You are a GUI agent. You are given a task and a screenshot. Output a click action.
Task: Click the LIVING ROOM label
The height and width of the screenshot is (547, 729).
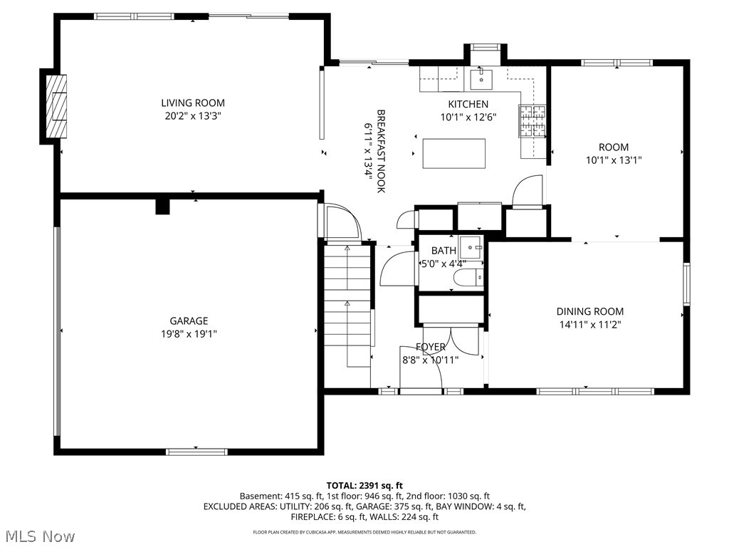point(192,103)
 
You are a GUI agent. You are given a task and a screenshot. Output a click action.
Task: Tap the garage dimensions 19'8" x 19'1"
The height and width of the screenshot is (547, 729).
point(189,333)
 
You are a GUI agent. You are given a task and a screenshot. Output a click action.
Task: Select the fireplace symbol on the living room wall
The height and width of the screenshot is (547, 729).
point(56,106)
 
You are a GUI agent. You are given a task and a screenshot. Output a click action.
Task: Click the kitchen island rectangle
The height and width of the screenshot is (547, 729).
point(454,153)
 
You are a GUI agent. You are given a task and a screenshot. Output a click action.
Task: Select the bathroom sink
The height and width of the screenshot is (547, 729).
point(471,247)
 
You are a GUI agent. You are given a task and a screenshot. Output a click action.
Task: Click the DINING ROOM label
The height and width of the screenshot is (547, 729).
point(589,311)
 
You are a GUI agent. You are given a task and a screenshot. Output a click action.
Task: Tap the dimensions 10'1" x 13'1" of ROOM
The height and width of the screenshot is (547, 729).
point(614,160)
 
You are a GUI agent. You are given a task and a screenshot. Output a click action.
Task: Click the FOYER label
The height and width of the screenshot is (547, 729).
point(431,347)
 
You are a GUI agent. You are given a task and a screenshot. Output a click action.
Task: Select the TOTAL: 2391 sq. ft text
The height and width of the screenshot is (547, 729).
point(364,484)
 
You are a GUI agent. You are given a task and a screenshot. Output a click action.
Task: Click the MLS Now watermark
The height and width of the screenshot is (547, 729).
point(40,535)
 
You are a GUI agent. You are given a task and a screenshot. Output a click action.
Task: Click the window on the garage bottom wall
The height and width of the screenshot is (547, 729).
point(196,452)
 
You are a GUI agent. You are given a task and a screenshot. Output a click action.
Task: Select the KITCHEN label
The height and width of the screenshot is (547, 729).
point(468,104)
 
